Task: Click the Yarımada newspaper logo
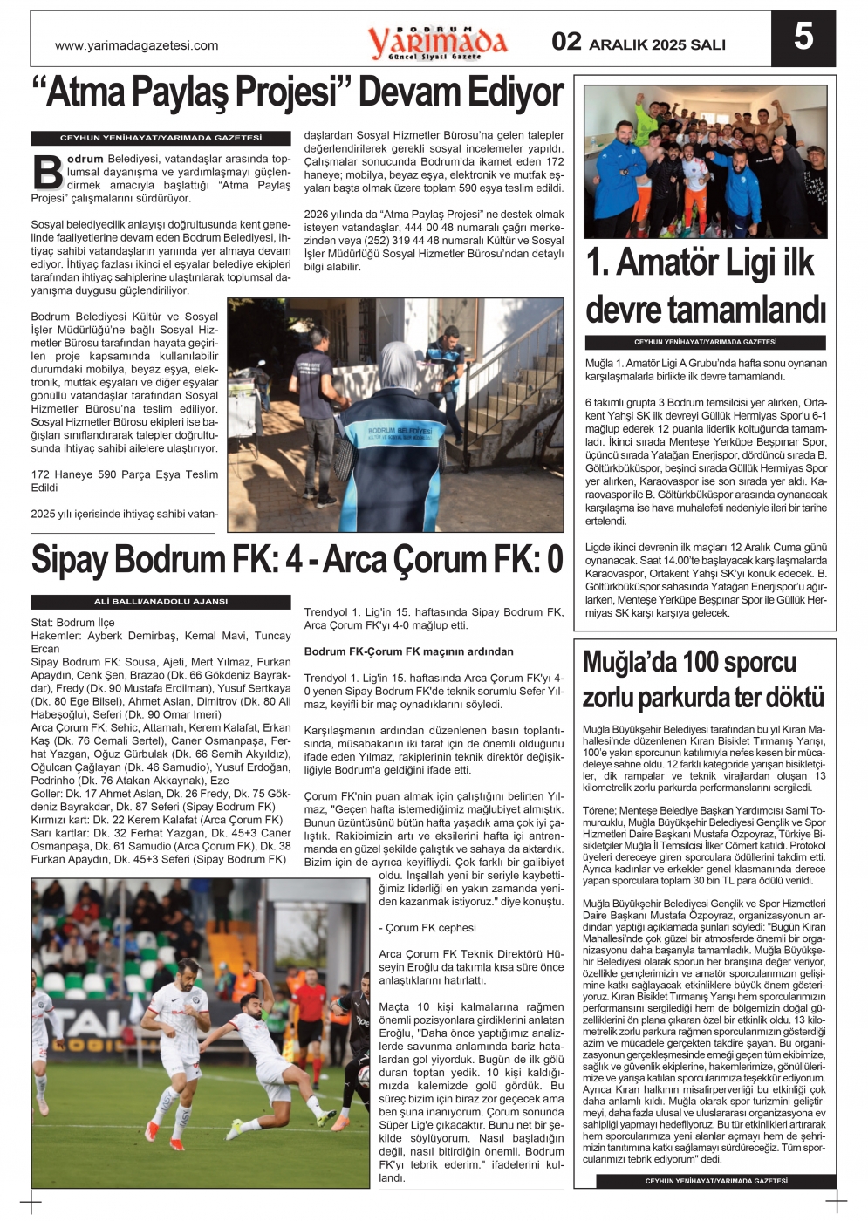click(x=436, y=41)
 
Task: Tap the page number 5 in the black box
click(x=803, y=37)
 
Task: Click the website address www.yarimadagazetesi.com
click(x=136, y=45)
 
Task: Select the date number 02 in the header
click(x=566, y=42)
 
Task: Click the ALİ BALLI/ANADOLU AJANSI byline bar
click(x=161, y=602)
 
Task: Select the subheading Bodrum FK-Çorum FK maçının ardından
click(x=408, y=651)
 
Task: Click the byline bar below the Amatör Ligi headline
click(x=705, y=343)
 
